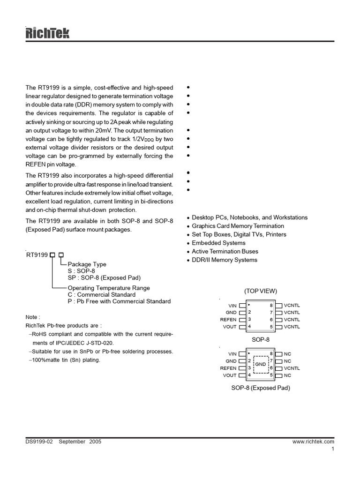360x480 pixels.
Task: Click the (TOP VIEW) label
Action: [x=261, y=291]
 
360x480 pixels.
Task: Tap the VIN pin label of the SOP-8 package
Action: [x=232, y=306]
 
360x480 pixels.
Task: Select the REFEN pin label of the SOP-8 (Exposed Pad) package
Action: [x=228, y=368]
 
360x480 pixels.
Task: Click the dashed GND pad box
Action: [x=261, y=364]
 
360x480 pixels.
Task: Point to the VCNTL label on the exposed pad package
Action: [x=292, y=368]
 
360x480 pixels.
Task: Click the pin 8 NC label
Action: [x=287, y=354]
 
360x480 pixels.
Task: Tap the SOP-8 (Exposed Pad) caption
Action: [x=261, y=388]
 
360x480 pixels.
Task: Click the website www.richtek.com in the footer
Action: [x=313, y=442]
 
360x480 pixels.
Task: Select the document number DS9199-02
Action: [x=40, y=442]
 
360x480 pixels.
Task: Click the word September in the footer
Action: [x=72, y=442]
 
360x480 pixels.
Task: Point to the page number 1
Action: [x=332, y=449]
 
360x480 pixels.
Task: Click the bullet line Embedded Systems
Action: [x=218, y=243]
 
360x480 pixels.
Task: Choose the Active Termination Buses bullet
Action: [x=225, y=251]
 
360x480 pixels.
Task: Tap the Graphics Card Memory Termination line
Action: [x=232, y=226]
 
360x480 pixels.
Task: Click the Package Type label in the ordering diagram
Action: [x=87, y=264]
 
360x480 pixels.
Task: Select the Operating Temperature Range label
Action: [x=109, y=288]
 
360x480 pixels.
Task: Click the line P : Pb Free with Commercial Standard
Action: [x=119, y=301]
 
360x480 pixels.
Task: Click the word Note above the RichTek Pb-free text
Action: [x=33, y=317]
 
